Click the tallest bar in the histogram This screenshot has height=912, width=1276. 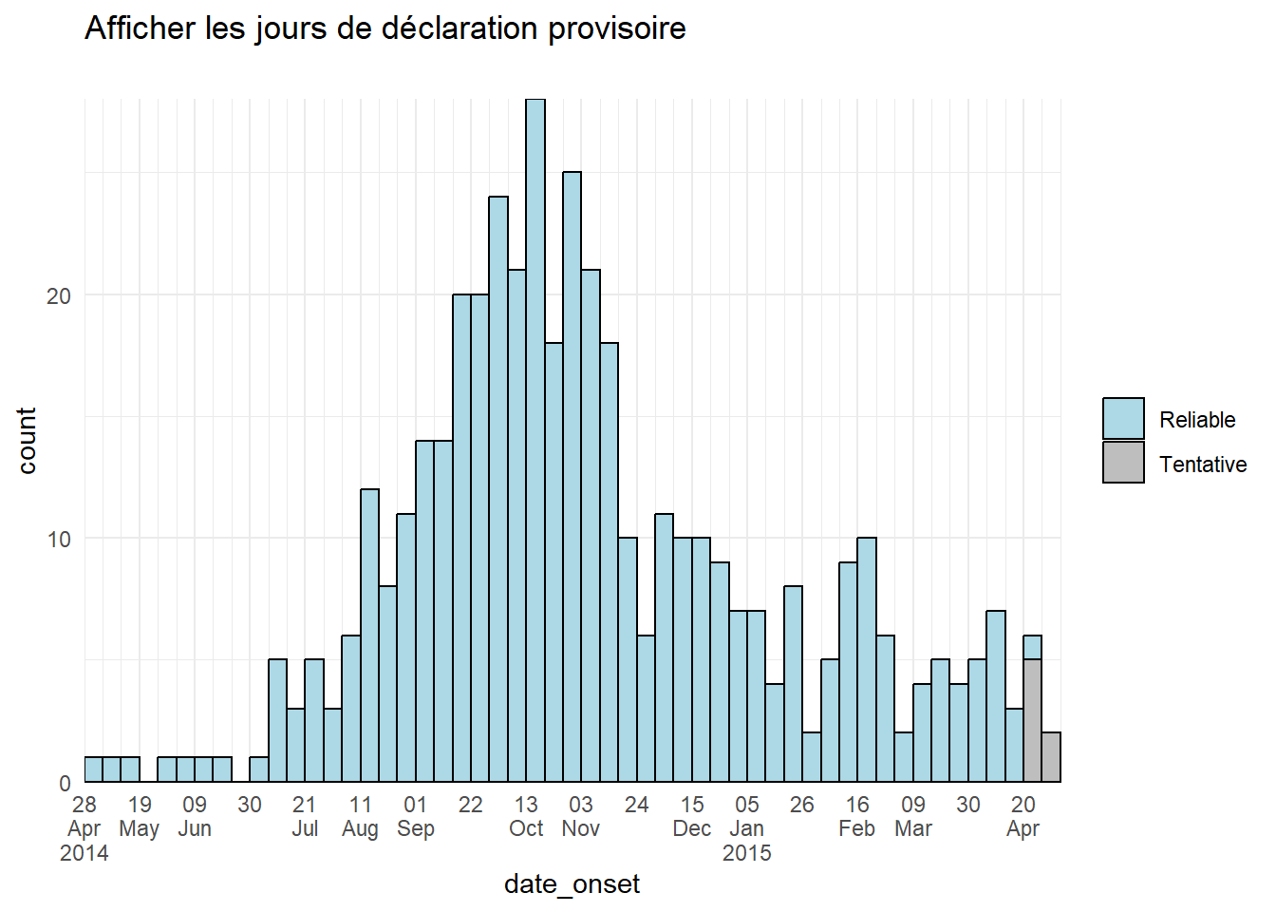535,440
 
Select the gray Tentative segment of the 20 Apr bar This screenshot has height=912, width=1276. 1033,720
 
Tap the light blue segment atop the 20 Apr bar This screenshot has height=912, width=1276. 1033,648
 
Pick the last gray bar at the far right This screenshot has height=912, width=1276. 1052,757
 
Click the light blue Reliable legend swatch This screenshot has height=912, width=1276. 1123,419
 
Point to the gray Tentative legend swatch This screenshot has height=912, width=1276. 1123,463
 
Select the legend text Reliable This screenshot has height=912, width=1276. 1197,420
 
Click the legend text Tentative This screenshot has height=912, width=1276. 1203,465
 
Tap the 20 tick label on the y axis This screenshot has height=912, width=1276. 59,296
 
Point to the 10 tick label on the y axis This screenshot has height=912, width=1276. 59,540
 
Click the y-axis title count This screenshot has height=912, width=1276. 27,441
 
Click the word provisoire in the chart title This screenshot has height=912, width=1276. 617,28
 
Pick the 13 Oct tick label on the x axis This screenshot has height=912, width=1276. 526,816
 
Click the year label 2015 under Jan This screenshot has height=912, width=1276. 747,853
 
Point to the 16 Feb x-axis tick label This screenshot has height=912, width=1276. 857,816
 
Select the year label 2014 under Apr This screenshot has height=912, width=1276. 84,853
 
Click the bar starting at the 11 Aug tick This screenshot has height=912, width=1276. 369,635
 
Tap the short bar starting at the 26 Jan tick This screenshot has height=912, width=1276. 812,757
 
